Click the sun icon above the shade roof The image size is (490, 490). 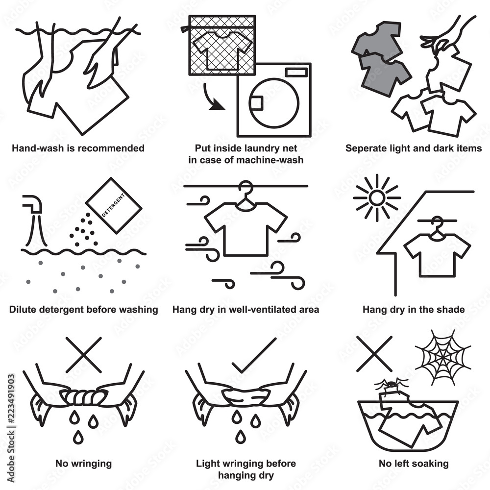tap(376, 198)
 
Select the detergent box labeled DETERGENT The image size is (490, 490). tap(114, 205)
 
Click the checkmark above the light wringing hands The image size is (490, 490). tap(254, 355)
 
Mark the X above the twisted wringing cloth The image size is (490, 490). tap(84, 355)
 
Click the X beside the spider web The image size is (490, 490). tap(374, 354)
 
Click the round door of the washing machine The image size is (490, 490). tap(274, 103)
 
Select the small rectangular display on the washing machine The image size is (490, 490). tap(296, 72)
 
